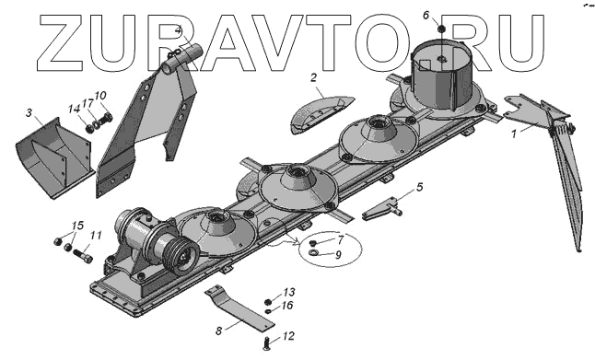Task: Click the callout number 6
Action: tap(426, 15)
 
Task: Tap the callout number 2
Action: tap(313, 77)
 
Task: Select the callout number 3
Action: tap(29, 112)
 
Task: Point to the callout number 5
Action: tap(419, 187)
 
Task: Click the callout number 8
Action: tap(218, 331)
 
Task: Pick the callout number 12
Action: tap(288, 336)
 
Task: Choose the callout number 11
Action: tap(97, 236)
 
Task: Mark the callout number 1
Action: tap(514, 134)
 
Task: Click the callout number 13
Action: tap(289, 292)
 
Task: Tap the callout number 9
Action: tap(338, 254)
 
